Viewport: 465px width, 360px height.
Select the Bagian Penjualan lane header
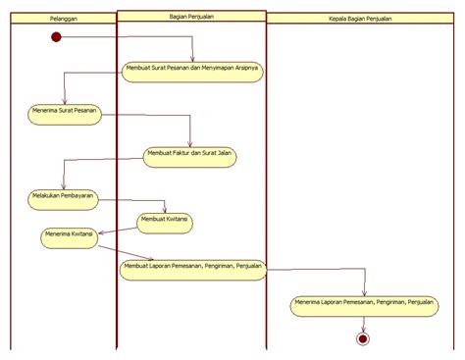(190, 17)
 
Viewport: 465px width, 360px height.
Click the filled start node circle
(56, 37)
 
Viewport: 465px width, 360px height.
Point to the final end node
(364, 338)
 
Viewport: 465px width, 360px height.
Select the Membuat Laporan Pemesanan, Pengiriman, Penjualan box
(192, 268)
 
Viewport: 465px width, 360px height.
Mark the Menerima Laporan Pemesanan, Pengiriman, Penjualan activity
(363, 305)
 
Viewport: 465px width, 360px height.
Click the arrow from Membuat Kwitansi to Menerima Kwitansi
(118, 230)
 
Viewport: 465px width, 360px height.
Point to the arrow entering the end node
(364, 325)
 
